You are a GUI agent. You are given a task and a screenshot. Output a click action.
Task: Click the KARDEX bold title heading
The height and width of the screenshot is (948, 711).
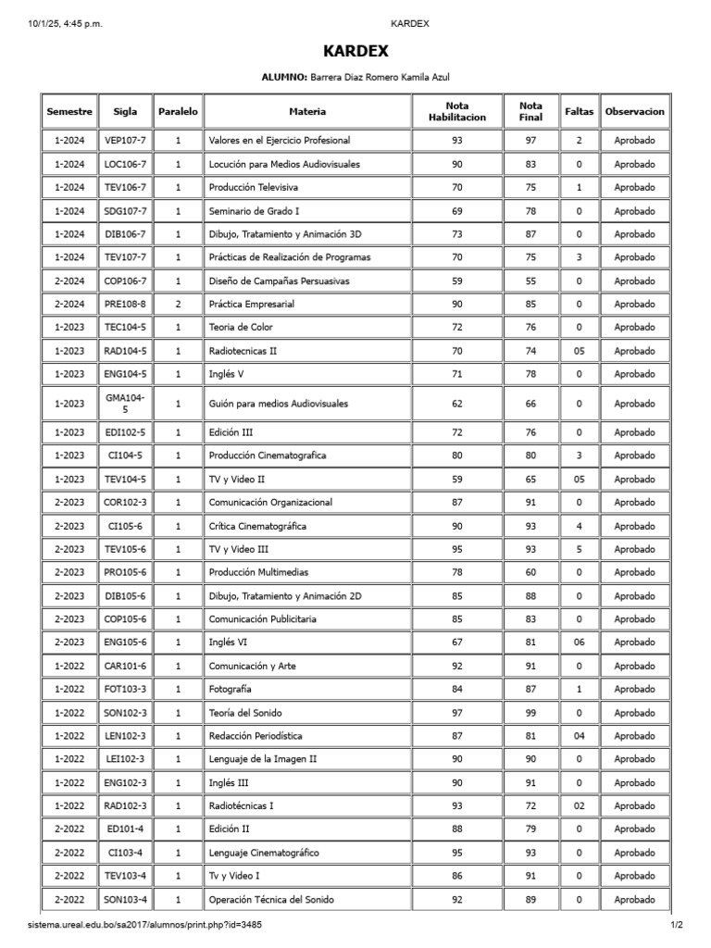[355, 52]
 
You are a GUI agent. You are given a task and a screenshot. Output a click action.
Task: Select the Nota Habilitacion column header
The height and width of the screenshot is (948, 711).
[456, 111]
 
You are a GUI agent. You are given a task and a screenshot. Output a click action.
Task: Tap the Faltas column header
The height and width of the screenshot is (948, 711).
[579, 111]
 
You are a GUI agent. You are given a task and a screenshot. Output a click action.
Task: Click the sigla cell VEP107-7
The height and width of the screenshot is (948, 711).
[125, 141]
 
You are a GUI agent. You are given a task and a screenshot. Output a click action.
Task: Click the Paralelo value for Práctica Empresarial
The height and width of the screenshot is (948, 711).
[178, 304]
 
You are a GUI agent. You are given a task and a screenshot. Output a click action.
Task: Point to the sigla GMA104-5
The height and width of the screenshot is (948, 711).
[125, 403]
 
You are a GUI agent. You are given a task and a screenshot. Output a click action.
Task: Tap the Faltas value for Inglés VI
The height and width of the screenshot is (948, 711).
[579, 642]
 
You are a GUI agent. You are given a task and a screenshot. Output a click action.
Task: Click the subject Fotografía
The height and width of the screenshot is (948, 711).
[231, 690]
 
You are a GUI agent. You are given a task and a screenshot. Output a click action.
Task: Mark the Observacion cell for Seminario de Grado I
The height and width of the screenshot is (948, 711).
[633, 211]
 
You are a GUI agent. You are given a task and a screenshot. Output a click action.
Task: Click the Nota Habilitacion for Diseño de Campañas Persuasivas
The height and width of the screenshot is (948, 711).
[456, 281]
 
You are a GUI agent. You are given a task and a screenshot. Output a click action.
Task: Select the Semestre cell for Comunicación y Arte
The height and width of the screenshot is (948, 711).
[69, 666]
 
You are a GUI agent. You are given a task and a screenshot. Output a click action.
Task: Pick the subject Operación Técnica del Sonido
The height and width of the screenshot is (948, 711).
[271, 900]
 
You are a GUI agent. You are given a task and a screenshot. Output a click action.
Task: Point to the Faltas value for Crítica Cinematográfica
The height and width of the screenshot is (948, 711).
[579, 526]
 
